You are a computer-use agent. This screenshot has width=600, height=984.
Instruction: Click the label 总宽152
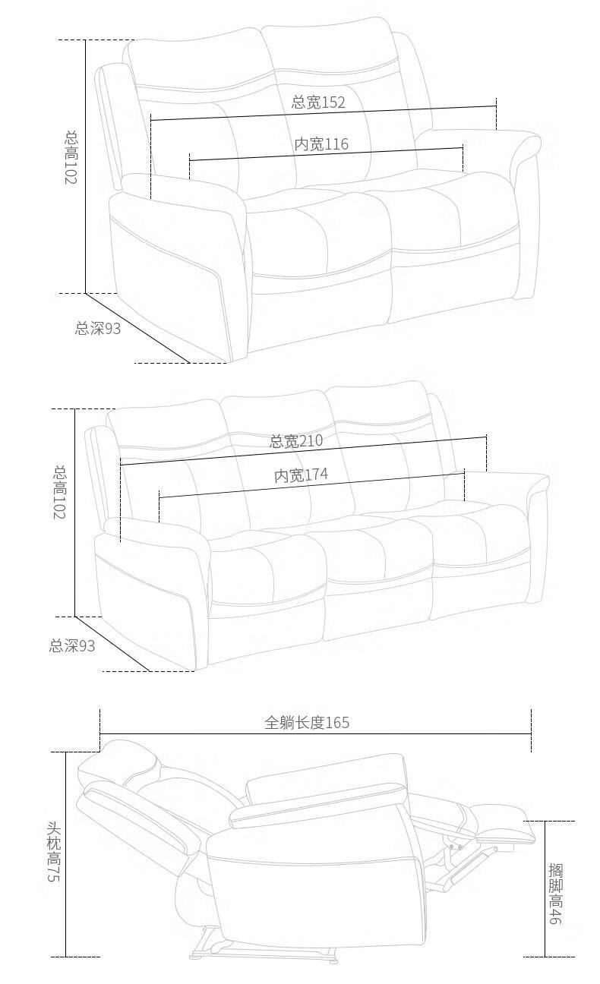tap(318, 102)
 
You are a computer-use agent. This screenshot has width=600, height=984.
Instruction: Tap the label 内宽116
tap(321, 143)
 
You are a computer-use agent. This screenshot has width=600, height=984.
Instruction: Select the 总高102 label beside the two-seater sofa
tap(71, 158)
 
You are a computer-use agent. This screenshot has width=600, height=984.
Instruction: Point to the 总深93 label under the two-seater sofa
tap(97, 328)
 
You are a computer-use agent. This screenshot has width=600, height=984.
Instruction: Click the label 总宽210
tap(295, 441)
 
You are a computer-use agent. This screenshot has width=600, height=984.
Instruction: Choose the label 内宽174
tap(301, 475)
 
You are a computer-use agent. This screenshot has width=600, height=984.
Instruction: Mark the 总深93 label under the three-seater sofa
tap(72, 646)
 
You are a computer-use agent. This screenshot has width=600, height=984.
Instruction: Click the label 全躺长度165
tap(307, 722)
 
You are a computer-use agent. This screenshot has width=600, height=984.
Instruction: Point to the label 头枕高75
tap(53, 852)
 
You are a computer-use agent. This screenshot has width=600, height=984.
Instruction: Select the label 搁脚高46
tap(555, 893)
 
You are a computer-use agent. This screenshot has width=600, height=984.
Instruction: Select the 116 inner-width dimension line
tap(327, 155)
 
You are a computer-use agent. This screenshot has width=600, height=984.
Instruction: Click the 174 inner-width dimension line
tap(311, 486)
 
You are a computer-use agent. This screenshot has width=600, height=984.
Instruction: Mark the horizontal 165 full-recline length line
tap(315, 734)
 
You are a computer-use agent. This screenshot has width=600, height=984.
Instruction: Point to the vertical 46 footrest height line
tap(545, 888)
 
